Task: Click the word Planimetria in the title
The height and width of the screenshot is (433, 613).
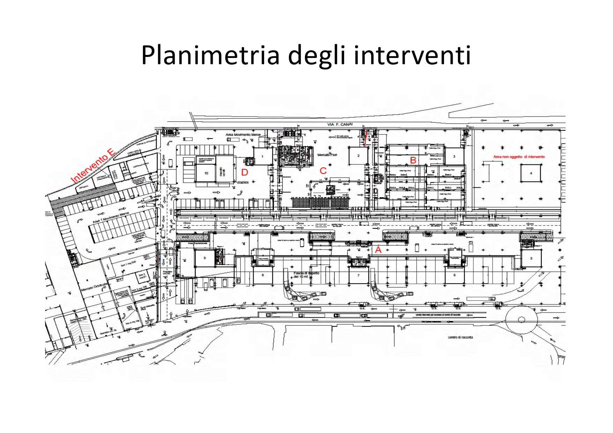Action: point(210,55)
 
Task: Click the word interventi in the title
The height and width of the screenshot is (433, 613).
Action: point(412,55)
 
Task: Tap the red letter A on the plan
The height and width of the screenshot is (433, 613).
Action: point(378,250)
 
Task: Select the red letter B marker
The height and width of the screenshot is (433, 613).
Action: point(413,160)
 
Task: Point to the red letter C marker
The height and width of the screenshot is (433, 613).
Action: point(323,171)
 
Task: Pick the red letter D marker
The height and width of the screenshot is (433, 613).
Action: point(245,172)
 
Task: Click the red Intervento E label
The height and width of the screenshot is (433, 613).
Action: point(93,166)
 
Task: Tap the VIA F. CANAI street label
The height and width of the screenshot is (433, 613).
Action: point(340,125)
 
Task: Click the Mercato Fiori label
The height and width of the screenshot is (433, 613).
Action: point(327,155)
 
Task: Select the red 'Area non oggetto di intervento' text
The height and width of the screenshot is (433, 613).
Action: point(519,157)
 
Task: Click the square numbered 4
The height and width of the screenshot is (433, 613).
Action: point(531,173)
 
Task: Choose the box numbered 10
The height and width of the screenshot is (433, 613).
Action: point(206,173)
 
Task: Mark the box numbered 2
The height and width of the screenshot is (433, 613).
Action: point(358,156)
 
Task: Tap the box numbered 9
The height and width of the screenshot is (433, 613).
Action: point(205,258)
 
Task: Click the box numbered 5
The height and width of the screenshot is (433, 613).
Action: point(531,258)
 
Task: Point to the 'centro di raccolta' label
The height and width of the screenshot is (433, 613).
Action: point(460,337)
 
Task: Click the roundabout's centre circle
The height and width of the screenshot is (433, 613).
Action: point(521,320)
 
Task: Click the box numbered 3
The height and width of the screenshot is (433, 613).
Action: point(454,156)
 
